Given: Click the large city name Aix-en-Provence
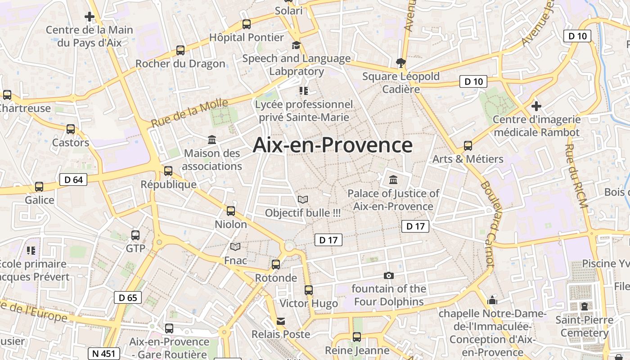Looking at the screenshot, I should tap(333, 145).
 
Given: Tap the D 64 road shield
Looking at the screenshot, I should tap(73, 180).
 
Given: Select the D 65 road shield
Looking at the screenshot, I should tap(128, 297).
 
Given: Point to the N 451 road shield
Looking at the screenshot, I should tap(103, 353).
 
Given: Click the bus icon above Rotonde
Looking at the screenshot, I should tap(276, 265).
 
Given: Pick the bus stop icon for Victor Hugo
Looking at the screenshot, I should tap(308, 290).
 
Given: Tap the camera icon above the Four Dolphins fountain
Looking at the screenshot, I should tap(388, 275).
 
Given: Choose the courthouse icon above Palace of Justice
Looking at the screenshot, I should tap(393, 180).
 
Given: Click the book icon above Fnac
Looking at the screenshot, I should tap(235, 247).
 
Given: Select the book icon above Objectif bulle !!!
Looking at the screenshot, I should tap(303, 199).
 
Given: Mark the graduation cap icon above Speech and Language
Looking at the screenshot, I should tap(296, 45).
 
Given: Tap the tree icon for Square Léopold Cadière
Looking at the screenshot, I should tap(400, 63).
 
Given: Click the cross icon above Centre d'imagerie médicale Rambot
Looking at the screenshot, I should tap(536, 107).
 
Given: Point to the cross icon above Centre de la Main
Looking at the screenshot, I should tap(90, 17).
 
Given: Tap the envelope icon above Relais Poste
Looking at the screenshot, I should tap(281, 321).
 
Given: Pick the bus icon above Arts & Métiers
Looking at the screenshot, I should tap(468, 146).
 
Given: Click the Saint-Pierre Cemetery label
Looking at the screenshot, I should tap(584, 327).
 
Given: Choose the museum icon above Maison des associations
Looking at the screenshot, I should tap(212, 140).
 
